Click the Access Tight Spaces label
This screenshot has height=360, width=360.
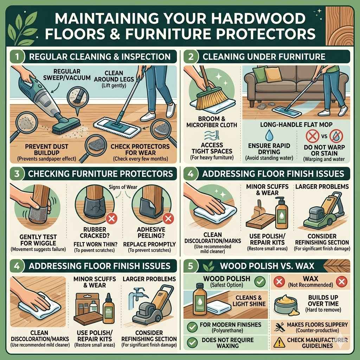point(212,148)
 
